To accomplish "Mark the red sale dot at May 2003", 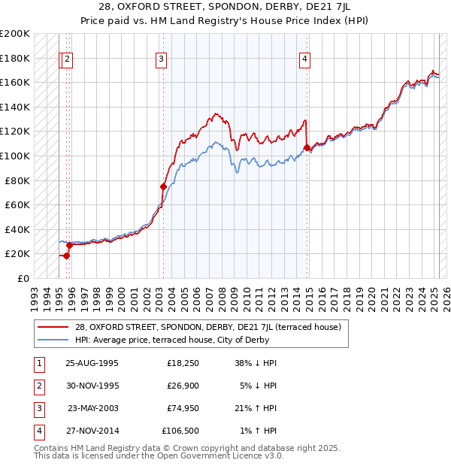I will [163, 186].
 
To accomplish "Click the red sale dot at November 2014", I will [307, 148].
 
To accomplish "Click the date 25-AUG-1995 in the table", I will [92, 362].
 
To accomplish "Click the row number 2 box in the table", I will [38, 386].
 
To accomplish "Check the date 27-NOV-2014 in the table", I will [92, 431].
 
